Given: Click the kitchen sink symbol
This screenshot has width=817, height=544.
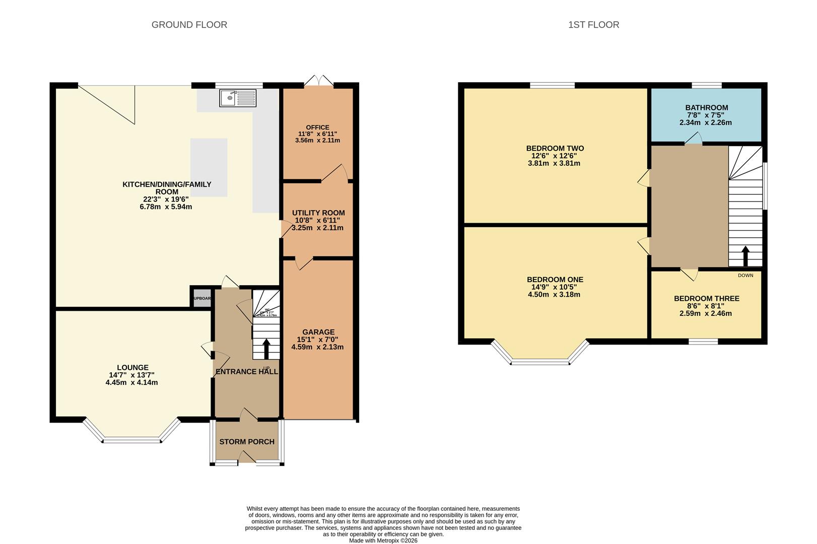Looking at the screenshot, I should pos(238,98).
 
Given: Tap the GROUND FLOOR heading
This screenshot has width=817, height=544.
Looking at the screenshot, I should pos(189,25).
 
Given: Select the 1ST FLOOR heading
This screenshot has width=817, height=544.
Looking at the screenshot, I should pos(593,25).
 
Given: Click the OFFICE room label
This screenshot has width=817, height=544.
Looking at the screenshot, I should pos(317,127).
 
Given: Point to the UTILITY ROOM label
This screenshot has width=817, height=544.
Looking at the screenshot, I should pos(318,213).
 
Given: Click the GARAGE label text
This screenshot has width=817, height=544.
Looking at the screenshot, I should pos(318,332).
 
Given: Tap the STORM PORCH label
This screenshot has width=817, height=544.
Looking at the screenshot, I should pos(247,442).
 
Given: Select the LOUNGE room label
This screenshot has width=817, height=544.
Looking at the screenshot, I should pos(132,368).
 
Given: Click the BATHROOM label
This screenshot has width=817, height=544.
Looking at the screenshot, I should pos(706,107).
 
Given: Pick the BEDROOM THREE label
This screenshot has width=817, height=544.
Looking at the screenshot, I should pos(706,299).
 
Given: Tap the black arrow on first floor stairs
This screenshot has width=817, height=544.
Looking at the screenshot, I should pos(745,255).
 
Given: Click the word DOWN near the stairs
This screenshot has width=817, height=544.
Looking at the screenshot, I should pos(745,276).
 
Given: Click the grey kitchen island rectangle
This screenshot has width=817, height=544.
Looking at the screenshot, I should pos(209,167).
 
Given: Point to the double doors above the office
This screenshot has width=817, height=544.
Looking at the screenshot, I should pos(319,81).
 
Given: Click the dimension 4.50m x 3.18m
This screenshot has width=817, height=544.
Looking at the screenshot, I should pos(554,295).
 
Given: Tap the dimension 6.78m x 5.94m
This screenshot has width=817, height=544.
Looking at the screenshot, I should pos(166,207).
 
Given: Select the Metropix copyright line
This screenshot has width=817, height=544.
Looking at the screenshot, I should pos(383,540).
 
